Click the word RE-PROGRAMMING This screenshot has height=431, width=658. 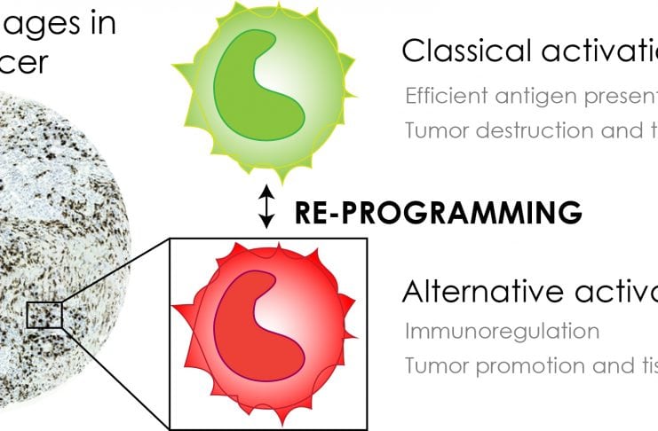pyautogui.click(x=438, y=213)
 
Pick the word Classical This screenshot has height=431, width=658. pyautogui.click(x=458, y=51)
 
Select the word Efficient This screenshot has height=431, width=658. pyautogui.click(x=441, y=96)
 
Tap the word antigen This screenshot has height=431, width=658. pyautogui.click(x=527, y=97)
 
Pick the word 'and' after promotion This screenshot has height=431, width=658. pyautogui.click(x=610, y=364)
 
